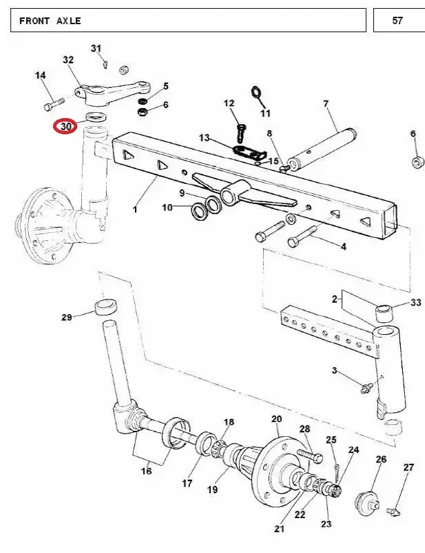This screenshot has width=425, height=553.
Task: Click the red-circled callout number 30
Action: pyautogui.click(x=66, y=126)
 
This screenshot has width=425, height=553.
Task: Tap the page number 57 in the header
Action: pyautogui.click(x=397, y=20)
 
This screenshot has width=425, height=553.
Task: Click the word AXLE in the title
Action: pyautogui.click(x=68, y=21)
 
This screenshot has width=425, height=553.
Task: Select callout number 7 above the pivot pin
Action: pyautogui.click(x=326, y=103)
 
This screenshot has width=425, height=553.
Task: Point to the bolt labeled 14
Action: pyautogui.click(x=54, y=103)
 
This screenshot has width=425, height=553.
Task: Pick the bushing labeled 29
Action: pyautogui.click(x=106, y=306)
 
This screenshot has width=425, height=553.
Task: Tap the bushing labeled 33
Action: pyautogui.click(x=385, y=313)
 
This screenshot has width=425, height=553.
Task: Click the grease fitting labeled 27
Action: pyautogui.click(x=393, y=511)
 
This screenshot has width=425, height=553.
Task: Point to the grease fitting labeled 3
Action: pyautogui.click(x=366, y=388)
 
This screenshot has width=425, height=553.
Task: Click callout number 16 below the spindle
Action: pyautogui.click(x=146, y=470)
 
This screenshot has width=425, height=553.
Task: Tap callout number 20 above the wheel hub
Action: pyautogui.click(x=277, y=419)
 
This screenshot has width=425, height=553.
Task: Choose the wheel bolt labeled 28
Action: pyautogui.click(x=310, y=455)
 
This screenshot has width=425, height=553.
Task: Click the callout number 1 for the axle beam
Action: pyautogui.click(x=135, y=209)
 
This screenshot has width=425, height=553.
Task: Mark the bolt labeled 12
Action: pyautogui.click(x=241, y=132)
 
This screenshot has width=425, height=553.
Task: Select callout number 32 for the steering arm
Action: pyautogui.click(x=68, y=60)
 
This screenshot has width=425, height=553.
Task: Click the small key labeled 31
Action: pyautogui.click(x=106, y=64)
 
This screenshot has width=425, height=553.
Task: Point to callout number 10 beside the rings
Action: pyautogui.click(x=167, y=207)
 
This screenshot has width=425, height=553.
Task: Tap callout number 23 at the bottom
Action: pyautogui.click(x=326, y=523)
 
